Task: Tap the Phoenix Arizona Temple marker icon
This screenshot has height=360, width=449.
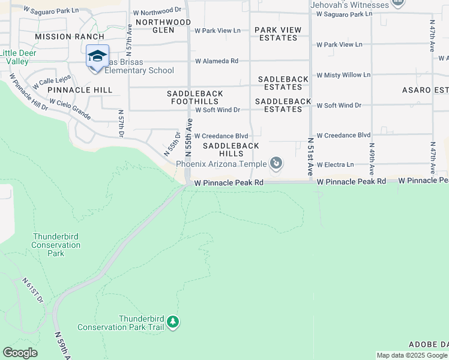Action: pyautogui.click(x=276, y=163)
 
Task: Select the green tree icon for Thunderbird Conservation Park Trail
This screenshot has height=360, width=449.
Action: pyautogui.click(x=173, y=322)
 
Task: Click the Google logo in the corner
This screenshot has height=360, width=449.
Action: pyautogui.click(x=20, y=353)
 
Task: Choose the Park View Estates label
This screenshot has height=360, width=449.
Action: pyautogui.click(x=276, y=34)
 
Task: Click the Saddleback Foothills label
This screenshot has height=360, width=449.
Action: pyautogui.click(x=195, y=98)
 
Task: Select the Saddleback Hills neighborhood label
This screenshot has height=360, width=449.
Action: pyautogui.click(x=231, y=149)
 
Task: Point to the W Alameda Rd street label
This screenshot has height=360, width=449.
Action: pyautogui.click(x=217, y=61)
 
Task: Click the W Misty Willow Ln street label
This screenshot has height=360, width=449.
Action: pyautogui.click(x=343, y=75)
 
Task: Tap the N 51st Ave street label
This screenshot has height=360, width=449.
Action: pyautogui.click(x=311, y=156)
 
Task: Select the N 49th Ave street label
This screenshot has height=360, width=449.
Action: pyautogui.click(x=372, y=159)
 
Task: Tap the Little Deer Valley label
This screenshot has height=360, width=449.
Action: pyautogui.click(x=14, y=57)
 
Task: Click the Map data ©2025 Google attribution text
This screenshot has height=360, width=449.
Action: pyautogui.click(x=412, y=355)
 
